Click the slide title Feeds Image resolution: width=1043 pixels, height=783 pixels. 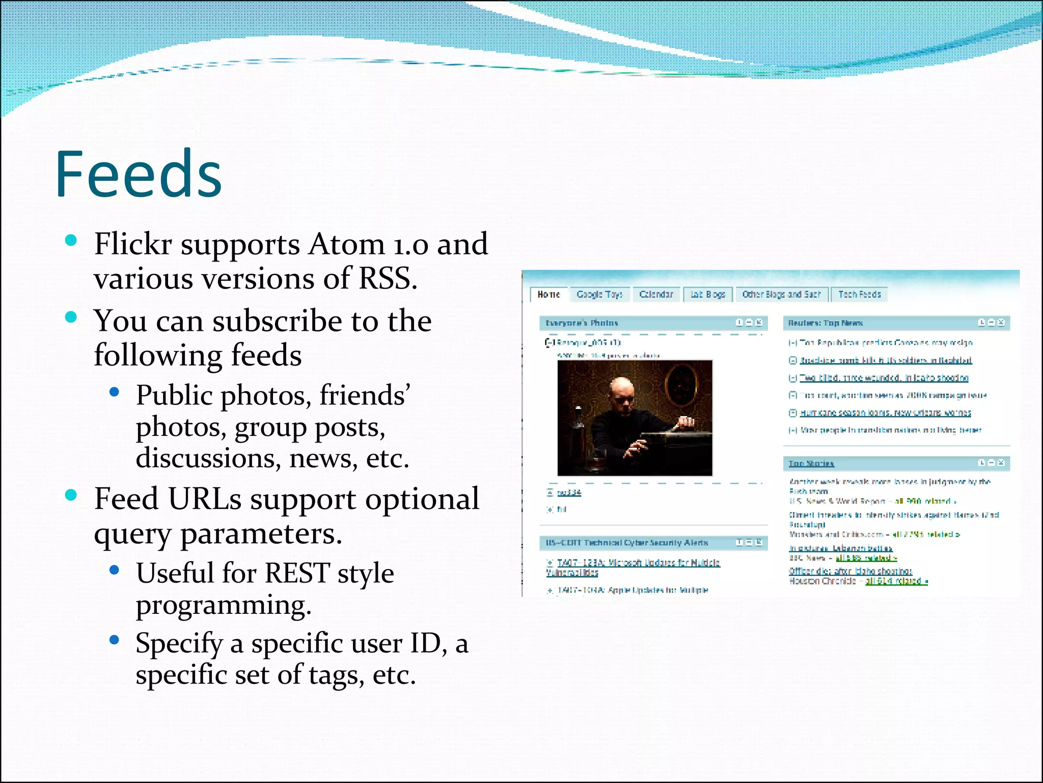pos(138,174)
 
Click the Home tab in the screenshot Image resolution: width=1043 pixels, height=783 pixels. pos(548,295)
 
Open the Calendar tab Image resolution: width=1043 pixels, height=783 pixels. pos(656,295)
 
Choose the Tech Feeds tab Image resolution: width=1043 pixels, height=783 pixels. pos(859,295)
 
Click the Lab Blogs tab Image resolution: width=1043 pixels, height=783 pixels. pos(707,295)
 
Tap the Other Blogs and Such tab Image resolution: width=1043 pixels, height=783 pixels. pos(781,295)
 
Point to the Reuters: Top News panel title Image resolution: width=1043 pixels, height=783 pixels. pos(825,323)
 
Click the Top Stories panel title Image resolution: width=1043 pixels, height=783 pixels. pos(811,463)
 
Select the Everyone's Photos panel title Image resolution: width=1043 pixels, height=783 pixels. pos(582,323)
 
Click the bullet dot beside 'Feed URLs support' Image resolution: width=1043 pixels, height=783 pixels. pos(71,494)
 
